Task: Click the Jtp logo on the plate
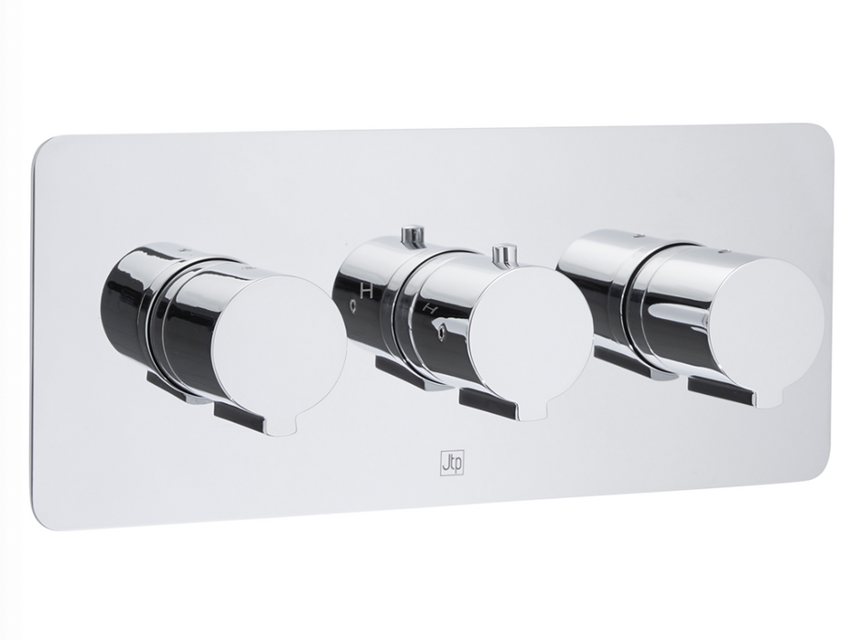[453, 462]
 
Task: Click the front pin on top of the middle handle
[501, 256]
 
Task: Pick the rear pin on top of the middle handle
[414, 235]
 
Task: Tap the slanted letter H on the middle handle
[431, 310]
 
